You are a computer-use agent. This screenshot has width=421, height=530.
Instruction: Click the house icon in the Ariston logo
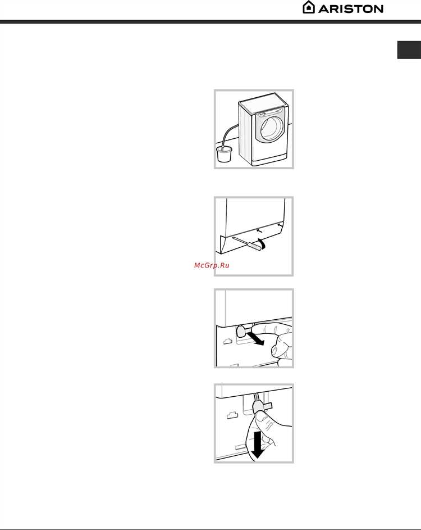[x=309, y=7]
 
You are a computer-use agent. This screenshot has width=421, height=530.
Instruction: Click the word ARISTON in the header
[x=351, y=9]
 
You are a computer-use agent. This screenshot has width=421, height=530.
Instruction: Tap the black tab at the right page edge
[x=409, y=50]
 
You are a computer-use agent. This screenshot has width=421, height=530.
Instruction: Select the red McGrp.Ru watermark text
[x=212, y=265]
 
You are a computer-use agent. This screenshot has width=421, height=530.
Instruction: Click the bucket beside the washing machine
[x=224, y=154]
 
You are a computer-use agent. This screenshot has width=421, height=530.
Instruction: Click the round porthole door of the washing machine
[x=271, y=129]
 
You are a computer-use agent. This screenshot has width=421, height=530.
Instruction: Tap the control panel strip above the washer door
[x=270, y=112]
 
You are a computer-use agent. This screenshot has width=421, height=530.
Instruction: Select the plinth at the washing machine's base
[x=270, y=161]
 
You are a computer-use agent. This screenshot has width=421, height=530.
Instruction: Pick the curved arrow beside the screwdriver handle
[x=262, y=243]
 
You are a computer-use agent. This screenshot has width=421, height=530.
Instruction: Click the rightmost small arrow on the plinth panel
[x=279, y=224]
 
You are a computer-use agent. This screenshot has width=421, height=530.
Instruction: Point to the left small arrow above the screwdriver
[x=259, y=230]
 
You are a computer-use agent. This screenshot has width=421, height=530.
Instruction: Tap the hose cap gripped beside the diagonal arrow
[x=241, y=331]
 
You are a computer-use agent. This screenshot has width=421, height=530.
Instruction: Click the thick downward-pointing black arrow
[x=257, y=445]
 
